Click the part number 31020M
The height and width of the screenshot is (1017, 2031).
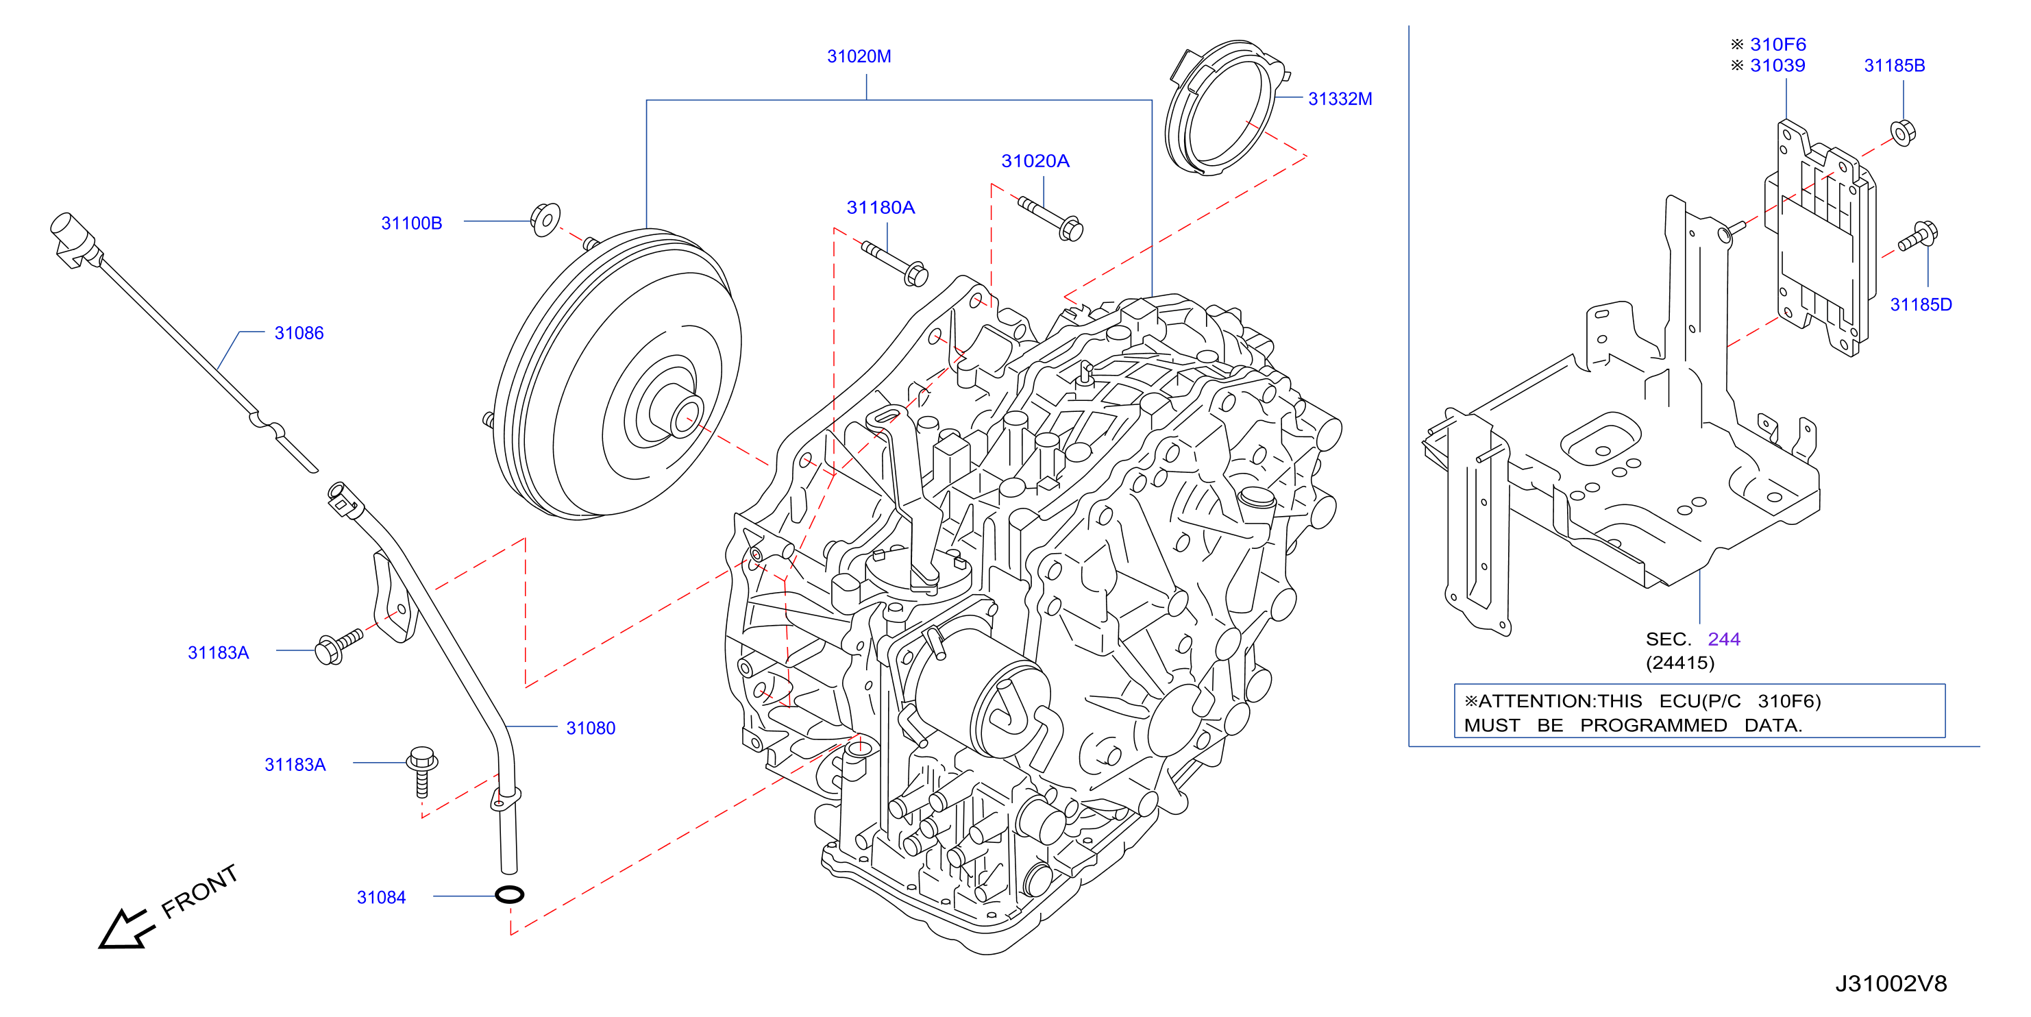pyautogui.click(x=859, y=57)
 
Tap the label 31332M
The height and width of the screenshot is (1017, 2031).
pyautogui.click(x=1340, y=99)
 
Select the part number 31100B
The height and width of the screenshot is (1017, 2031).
pyautogui.click(x=412, y=224)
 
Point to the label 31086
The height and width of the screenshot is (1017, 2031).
pyautogui.click(x=299, y=334)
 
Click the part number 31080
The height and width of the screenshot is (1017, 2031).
pyautogui.click(x=591, y=728)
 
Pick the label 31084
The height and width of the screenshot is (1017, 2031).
pyautogui.click(x=381, y=898)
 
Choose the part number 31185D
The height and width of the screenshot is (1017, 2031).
pyautogui.click(x=1921, y=305)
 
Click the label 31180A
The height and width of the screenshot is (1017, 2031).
pyautogui.click(x=881, y=208)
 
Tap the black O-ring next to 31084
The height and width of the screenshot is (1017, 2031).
pyautogui.click(x=509, y=894)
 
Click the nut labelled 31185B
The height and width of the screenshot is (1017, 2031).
pyautogui.click(x=1902, y=132)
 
